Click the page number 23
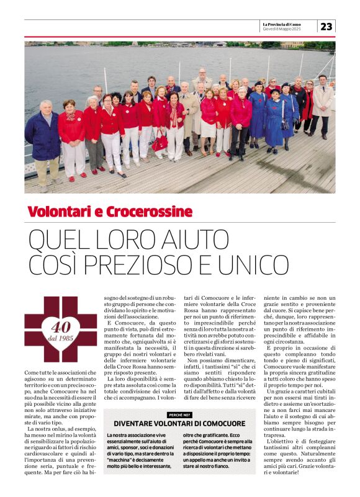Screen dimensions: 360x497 pyautogui.click(x=327, y=26)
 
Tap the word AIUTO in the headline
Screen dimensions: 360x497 pyautogui.click(x=200, y=238)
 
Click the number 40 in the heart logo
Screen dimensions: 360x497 pyautogui.click(x=60, y=326)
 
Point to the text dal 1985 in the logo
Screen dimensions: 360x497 pyautogui.click(x=60, y=338)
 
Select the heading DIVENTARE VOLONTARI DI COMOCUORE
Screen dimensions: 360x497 pyautogui.click(x=179, y=423)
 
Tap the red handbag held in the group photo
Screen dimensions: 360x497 pyautogui.click(x=160, y=143)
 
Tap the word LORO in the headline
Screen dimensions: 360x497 pyautogui.click(x=129, y=238)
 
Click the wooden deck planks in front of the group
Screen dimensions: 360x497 pyautogui.click(x=186, y=177)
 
